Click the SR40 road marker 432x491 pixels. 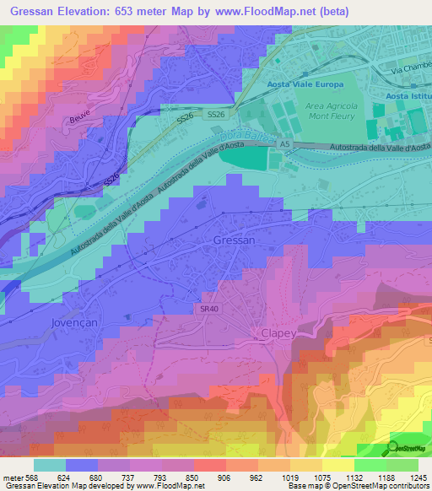click(210, 309)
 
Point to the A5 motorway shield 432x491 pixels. click(285, 145)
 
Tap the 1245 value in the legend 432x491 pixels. click(408, 477)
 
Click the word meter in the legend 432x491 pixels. click(12, 477)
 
